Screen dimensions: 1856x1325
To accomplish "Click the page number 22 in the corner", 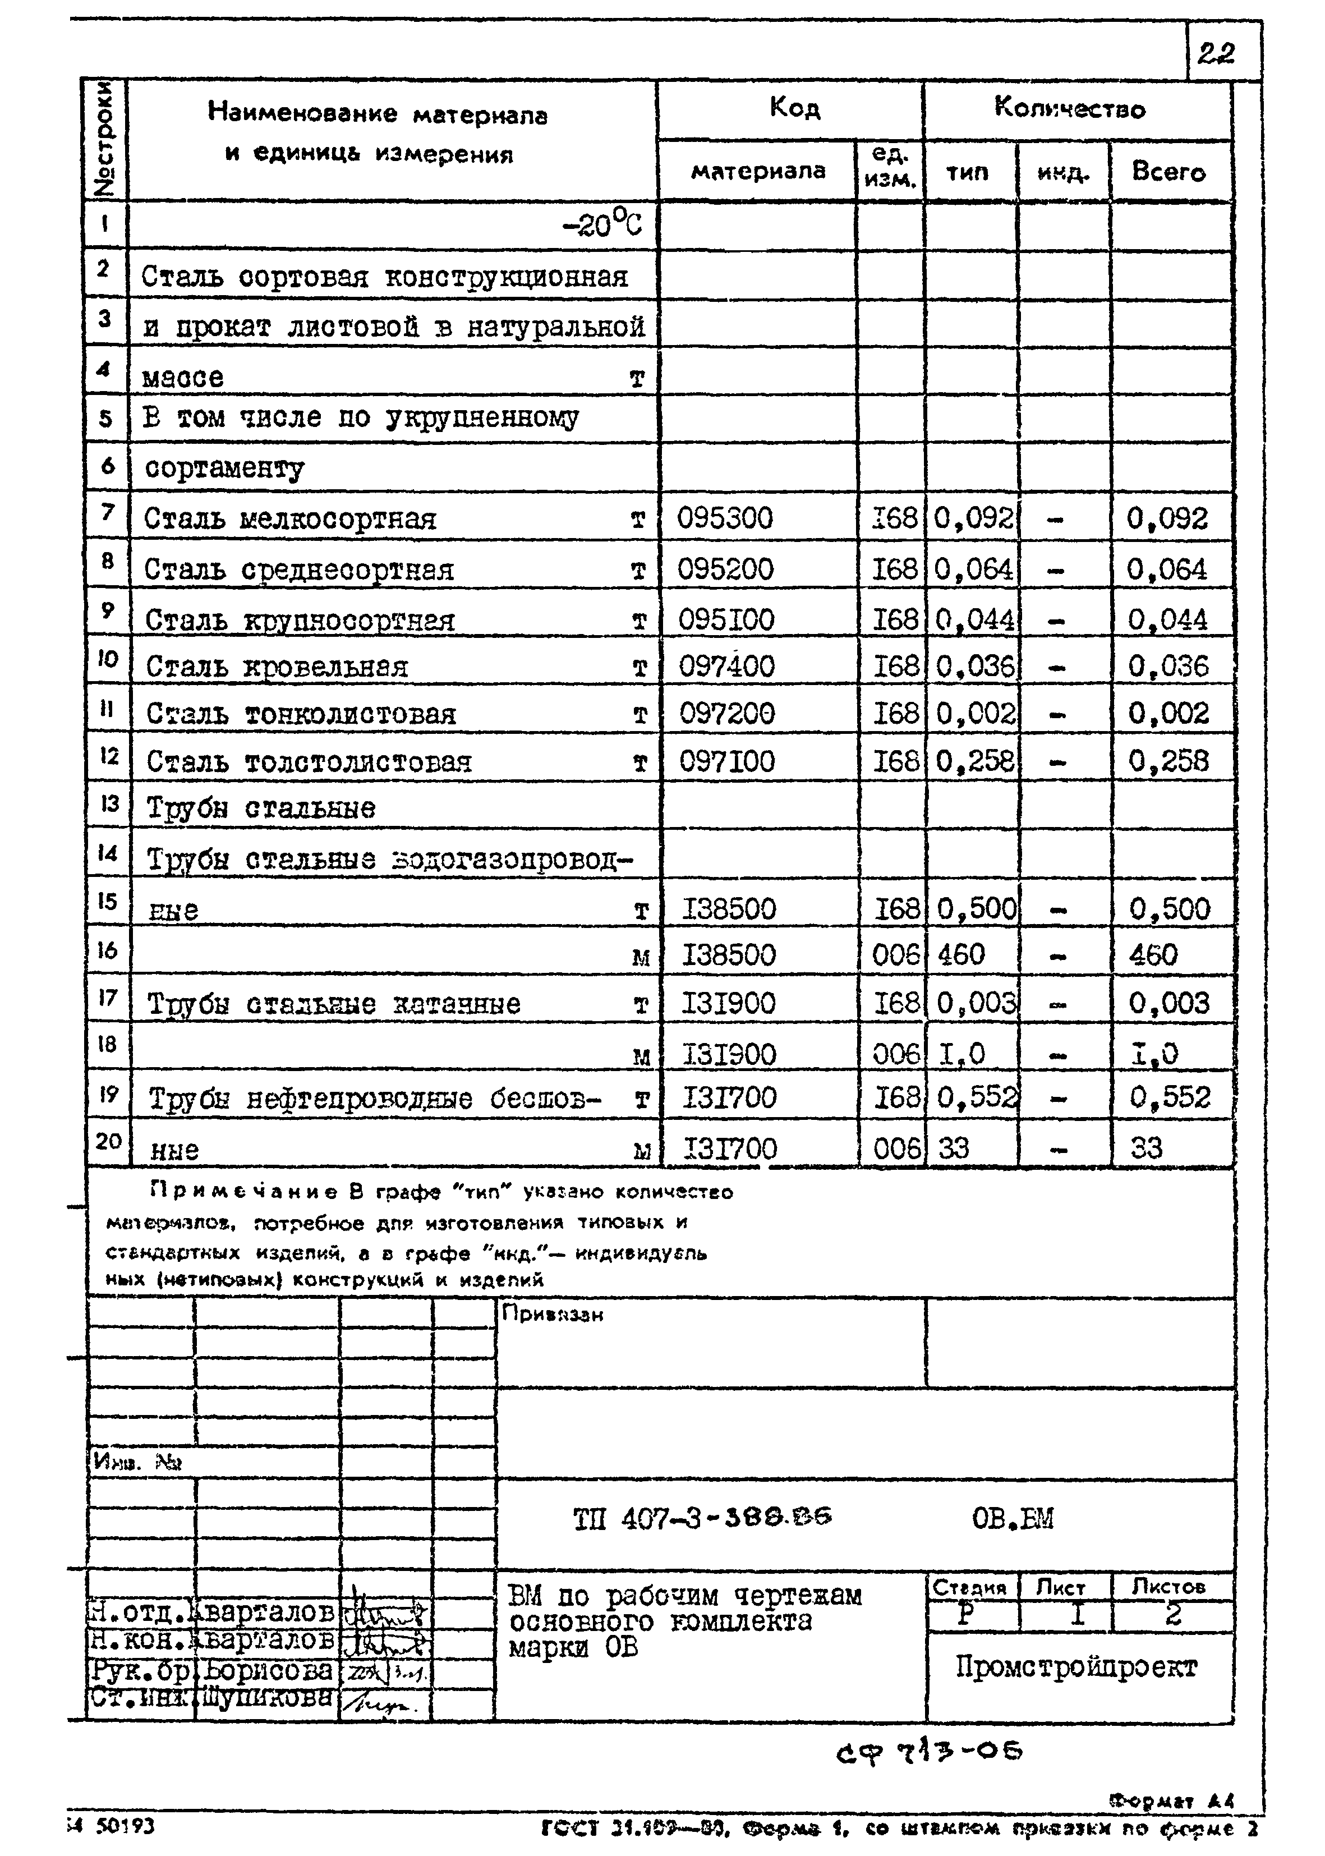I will coord(1216,54).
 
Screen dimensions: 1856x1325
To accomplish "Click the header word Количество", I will coord(1069,108).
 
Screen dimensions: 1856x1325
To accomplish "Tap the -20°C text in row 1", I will coord(602,223).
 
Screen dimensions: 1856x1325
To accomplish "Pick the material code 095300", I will coord(725,518).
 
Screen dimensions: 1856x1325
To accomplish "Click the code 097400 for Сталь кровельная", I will coord(726,667).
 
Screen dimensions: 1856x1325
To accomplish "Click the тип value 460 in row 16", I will coord(961,954).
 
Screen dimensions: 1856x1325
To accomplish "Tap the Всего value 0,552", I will coord(1169,1098).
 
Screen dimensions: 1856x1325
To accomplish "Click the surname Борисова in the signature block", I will coord(268,1670).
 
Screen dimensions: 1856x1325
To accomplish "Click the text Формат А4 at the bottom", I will coord(1171,1800).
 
